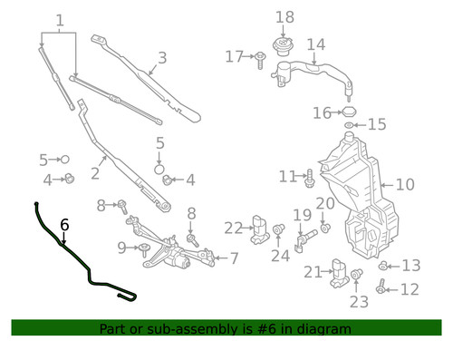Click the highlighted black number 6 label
tap(64, 225)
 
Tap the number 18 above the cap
tap(284, 17)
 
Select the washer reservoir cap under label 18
tap(283, 46)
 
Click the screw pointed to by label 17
tap(260, 60)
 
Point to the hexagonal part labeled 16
tap(349, 112)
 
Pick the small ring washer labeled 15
tap(349, 125)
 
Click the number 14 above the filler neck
tap(316, 44)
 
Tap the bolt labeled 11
tap(310, 179)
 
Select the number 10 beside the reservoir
tap(405, 184)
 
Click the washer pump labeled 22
tap(260, 229)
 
